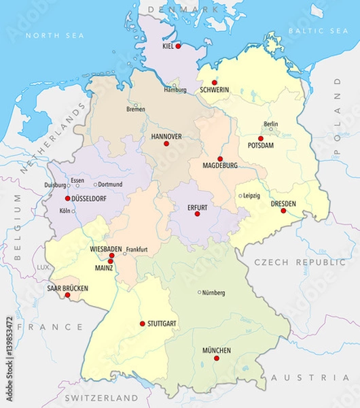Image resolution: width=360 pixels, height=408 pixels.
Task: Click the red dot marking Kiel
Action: pyautogui.click(x=178, y=46)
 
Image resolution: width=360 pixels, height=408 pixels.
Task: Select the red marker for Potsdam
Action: pyautogui.click(x=260, y=138)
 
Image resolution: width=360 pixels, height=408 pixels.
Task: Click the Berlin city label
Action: pyautogui.click(x=270, y=124)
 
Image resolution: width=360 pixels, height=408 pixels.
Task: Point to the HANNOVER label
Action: pyautogui.click(x=166, y=136)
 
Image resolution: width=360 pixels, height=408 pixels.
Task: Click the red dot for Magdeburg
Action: pyautogui.click(x=219, y=158)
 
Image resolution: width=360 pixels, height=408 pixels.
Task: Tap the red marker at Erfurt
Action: pyautogui.click(x=198, y=214)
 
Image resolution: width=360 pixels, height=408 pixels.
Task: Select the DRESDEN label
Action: pyautogui.click(x=283, y=203)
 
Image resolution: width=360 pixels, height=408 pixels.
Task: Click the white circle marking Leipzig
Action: pyautogui.click(x=240, y=196)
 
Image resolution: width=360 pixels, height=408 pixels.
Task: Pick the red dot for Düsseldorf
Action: pyautogui.click(x=67, y=199)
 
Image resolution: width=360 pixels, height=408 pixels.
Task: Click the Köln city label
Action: pyautogui.click(x=65, y=211)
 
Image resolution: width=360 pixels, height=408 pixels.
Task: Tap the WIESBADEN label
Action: pyautogui.click(x=106, y=249)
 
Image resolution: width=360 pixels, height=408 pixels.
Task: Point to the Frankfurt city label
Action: pyautogui.click(x=137, y=250)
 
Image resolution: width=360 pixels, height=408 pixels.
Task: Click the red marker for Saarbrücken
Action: pyautogui.click(x=67, y=294)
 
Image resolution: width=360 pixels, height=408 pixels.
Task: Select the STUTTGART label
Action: pyautogui.click(x=163, y=324)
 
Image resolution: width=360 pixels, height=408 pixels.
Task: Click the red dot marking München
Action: pyautogui.click(x=217, y=358)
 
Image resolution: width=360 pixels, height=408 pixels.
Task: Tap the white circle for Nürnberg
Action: pyautogui.click(x=199, y=292)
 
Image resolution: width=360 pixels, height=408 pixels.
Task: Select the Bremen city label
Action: pyautogui.click(x=135, y=109)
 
